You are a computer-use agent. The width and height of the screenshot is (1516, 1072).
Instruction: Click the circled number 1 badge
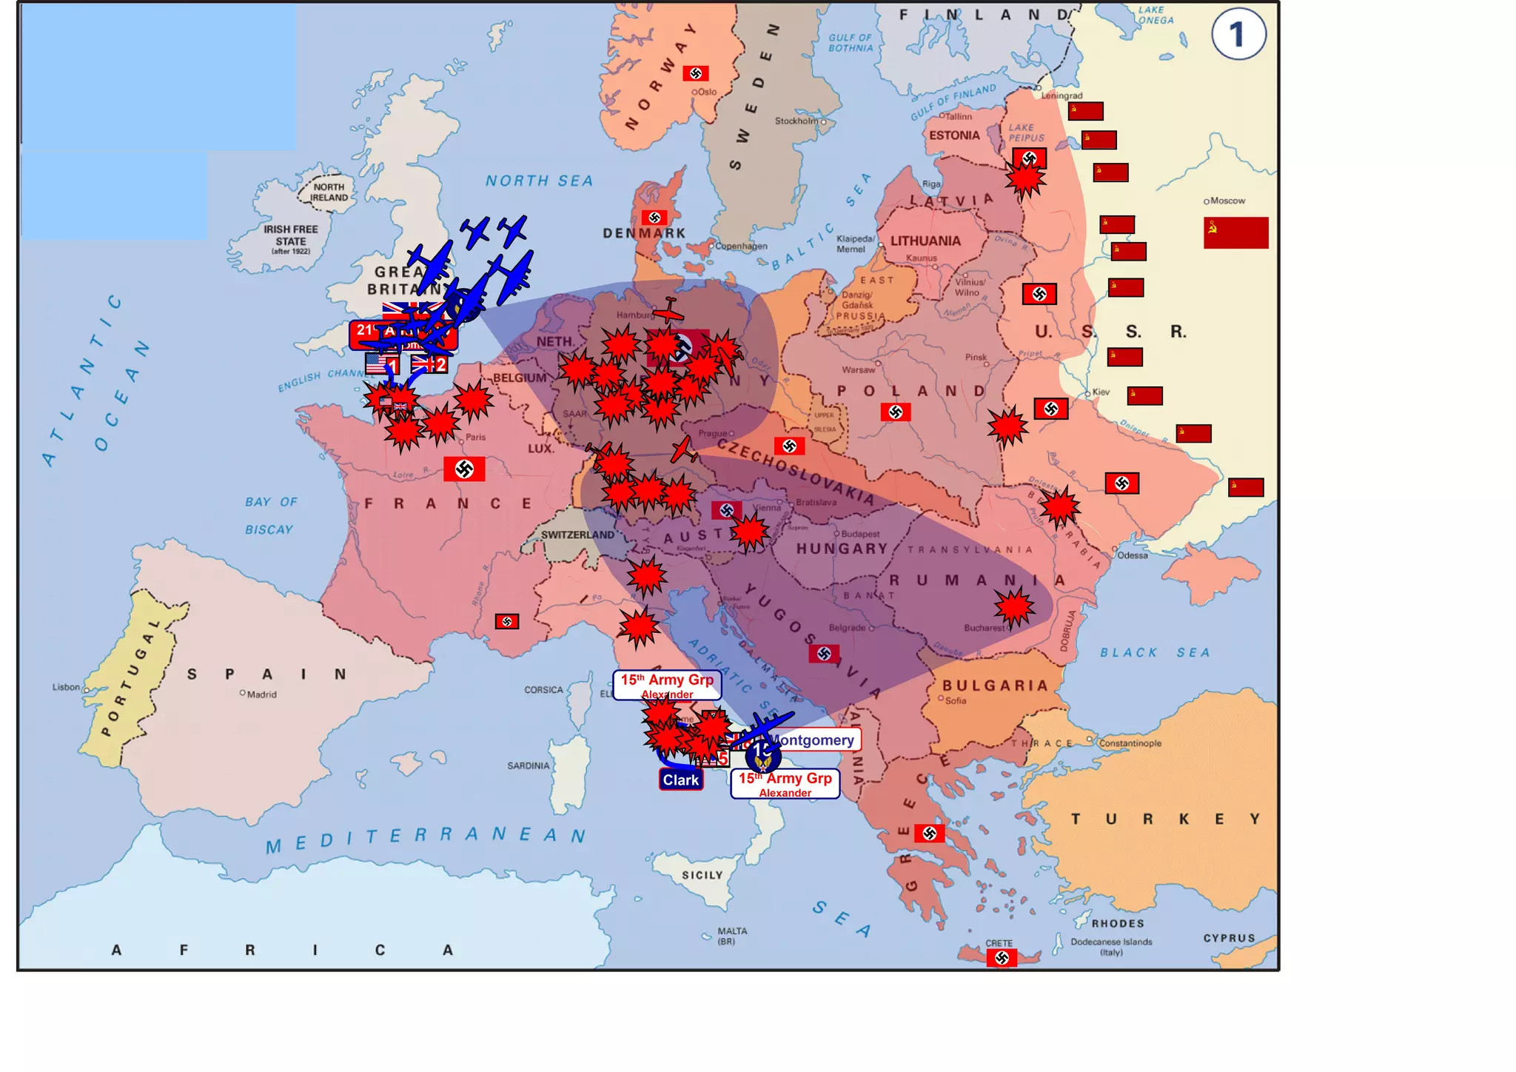pyautogui.click(x=1238, y=34)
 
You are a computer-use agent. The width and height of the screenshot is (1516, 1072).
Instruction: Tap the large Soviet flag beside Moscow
pyautogui.click(x=1235, y=232)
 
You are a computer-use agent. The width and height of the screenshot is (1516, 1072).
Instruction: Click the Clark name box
pyautogui.click(x=680, y=780)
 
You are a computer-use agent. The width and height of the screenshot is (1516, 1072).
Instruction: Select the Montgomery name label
pyautogui.click(x=814, y=740)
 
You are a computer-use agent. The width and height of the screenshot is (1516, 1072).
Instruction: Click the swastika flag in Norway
pyautogui.click(x=695, y=73)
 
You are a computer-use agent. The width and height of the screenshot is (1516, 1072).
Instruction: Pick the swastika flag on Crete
pyautogui.click(x=1002, y=958)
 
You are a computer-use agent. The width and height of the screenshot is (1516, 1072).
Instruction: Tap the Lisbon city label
pyautogui.click(x=66, y=687)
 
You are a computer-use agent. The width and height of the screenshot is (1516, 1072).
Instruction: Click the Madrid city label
pyautogui.click(x=261, y=694)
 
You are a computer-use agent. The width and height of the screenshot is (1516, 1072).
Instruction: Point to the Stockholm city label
pyautogui.click(x=796, y=121)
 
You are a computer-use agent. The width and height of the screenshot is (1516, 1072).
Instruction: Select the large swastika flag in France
pyautogui.click(x=464, y=469)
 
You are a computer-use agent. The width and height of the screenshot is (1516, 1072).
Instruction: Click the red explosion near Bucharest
pyautogui.click(x=1014, y=608)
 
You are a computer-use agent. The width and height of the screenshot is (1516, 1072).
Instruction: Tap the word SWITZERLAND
pyautogui.click(x=577, y=535)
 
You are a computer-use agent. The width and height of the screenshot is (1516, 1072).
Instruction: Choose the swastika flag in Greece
pyautogui.click(x=929, y=834)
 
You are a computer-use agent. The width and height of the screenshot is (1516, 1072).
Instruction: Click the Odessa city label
pyautogui.click(x=1133, y=555)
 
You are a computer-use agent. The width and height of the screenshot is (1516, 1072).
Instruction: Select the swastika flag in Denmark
pyautogui.click(x=654, y=218)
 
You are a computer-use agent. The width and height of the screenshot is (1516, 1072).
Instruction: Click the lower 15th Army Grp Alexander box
pyautogui.click(x=785, y=783)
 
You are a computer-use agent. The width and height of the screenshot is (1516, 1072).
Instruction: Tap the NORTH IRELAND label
pyautogui.click(x=329, y=192)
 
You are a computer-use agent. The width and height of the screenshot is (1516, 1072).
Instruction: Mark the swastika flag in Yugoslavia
pyautogui.click(x=824, y=654)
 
